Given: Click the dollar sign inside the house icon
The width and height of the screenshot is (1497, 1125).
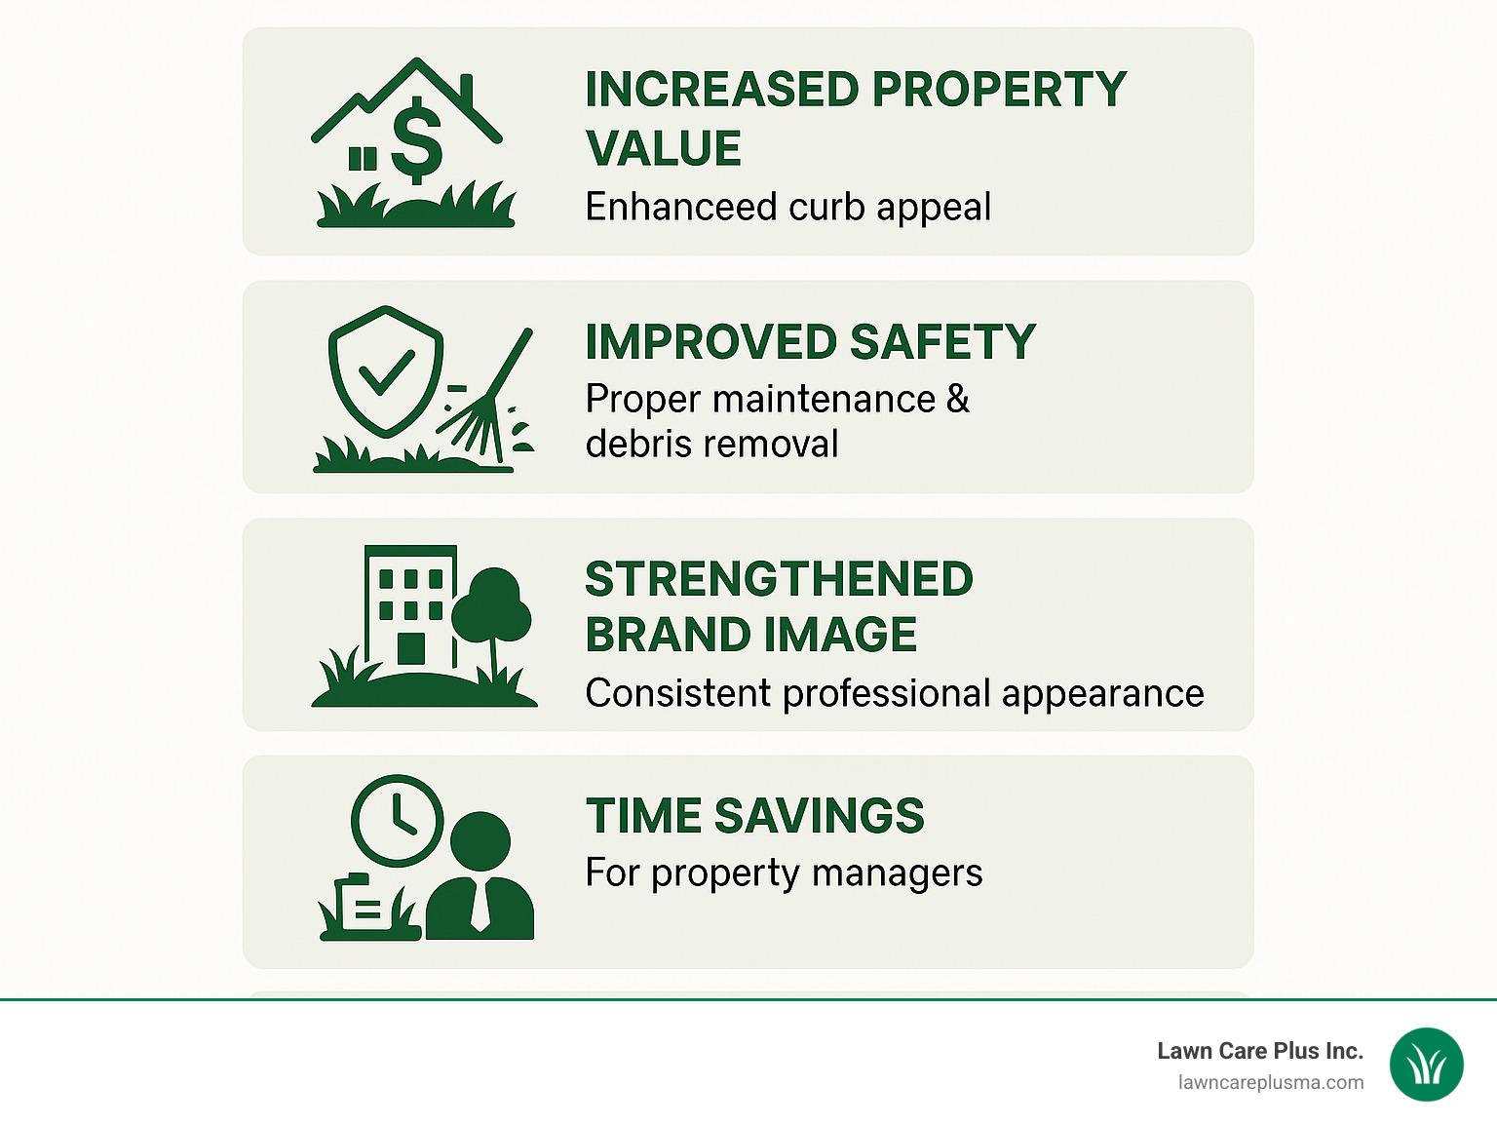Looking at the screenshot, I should click(417, 140).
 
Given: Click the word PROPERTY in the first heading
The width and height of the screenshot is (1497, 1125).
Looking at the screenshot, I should click(999, 90).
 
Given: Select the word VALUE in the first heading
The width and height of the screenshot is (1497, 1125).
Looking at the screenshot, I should click(664, 149).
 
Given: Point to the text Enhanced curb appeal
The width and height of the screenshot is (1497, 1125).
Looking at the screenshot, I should click(787, 207).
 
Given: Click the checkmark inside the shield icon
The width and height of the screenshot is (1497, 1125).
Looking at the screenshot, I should click(386, 372).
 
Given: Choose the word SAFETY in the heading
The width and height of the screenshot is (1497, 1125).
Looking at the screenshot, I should click(941, 342).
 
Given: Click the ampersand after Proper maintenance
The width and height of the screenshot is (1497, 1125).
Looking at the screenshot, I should click(958, 399).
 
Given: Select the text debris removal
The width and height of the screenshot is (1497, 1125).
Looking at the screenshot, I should click(711, 445).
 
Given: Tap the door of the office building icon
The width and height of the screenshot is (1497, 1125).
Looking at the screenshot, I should click(411, 648).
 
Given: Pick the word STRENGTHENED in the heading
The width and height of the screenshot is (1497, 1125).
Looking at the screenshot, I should click(779, 579).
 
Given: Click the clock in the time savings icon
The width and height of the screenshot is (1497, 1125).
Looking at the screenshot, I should click(397, 819).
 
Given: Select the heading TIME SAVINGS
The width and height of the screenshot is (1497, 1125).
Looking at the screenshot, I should click(754, 816).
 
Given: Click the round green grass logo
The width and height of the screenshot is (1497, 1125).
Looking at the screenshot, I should click(1427, 1065).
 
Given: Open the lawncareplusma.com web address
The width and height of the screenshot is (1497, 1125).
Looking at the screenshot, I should click(1270, 1083).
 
